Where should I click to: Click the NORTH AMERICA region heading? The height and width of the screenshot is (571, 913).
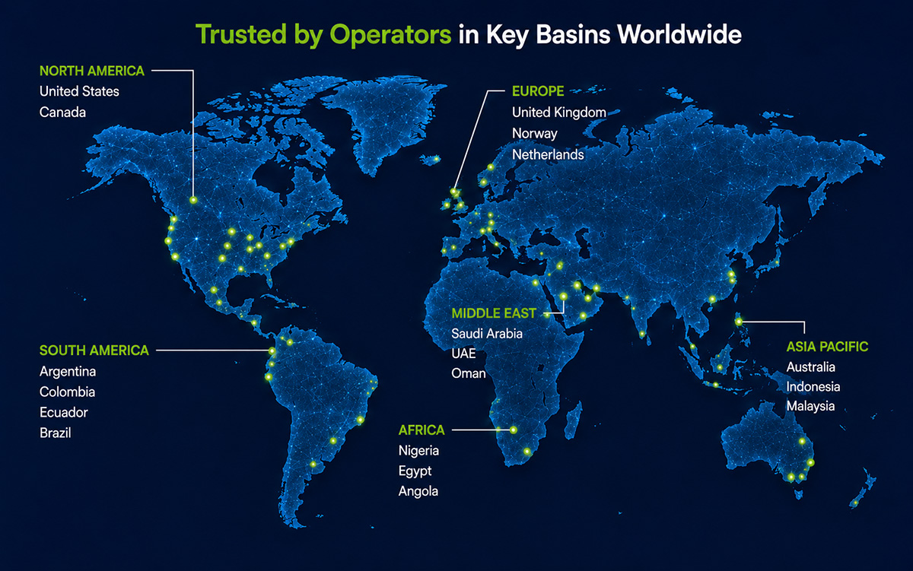point(92,71)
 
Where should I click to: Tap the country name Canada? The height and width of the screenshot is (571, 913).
point(62,112)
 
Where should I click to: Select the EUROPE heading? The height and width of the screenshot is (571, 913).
point(538,91)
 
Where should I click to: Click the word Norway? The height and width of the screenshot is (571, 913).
point(534,134)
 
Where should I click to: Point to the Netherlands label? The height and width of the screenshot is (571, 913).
point(548,154)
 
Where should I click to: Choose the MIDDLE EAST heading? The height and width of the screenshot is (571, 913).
point(494,313)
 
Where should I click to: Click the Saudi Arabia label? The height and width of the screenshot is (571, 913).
point(487,334)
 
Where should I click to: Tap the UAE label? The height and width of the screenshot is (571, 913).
point(463,353)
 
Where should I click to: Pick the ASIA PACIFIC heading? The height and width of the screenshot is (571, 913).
point(827,347)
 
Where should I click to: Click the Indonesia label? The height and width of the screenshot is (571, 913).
point(813,386)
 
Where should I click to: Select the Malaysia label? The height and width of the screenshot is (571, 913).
point(810,406)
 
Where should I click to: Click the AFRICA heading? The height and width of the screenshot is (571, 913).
point(422,430)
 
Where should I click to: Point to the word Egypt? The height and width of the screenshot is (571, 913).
point(415,471)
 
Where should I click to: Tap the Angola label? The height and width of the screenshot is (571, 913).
point(418,491)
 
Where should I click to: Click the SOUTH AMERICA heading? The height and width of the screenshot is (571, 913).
point(94,351)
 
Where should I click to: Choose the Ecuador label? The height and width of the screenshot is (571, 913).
point(64,412)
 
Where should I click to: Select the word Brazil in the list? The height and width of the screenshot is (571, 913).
point(55,433)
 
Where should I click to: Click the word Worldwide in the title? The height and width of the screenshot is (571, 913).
point(679,34)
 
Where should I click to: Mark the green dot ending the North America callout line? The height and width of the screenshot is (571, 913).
point(193,200)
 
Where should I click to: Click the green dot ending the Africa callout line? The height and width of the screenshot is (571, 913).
point(514,430)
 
